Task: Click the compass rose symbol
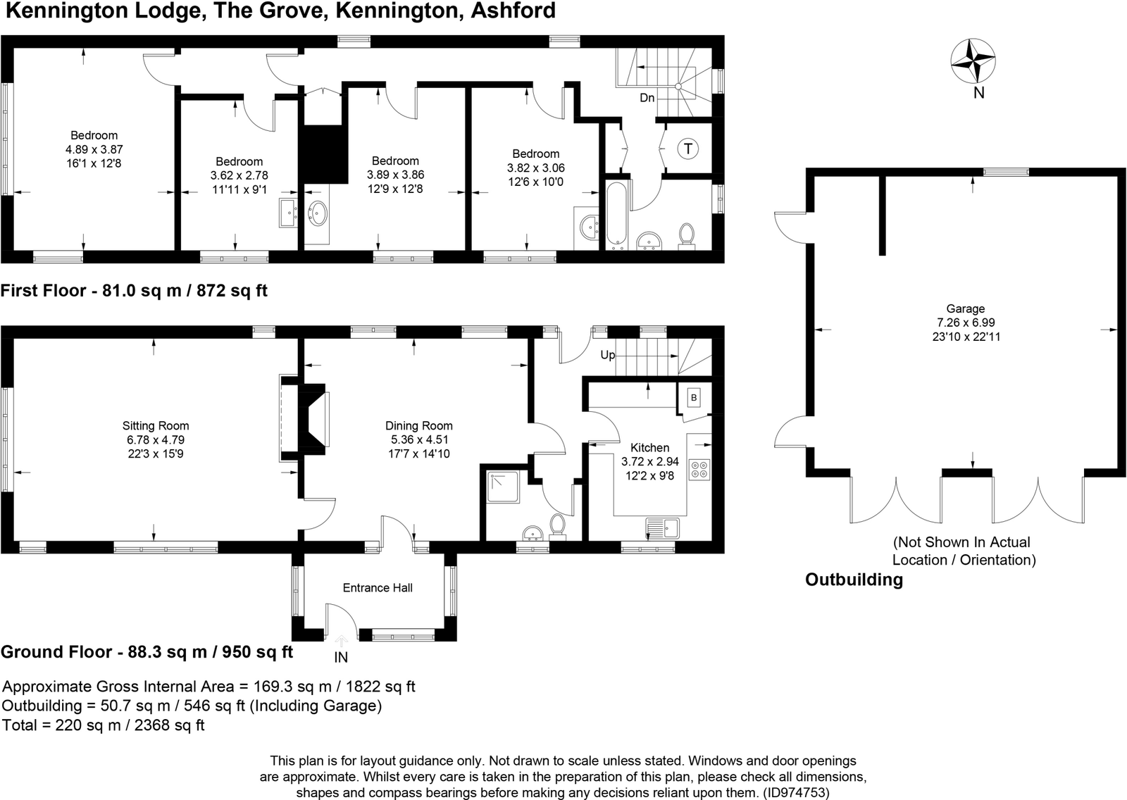point(973,61)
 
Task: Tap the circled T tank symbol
point(687,149)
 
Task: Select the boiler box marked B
point(694,398)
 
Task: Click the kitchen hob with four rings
point(699,469)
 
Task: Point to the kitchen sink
point(663,527)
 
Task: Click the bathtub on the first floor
point(616,216)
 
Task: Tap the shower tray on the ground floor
point(503,487)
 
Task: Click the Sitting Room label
point(156,425)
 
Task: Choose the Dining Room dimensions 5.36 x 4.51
point(419,439)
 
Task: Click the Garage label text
point(966,308)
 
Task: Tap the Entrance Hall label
point(378,587)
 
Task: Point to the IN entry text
point(341,657)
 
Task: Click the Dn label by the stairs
point(647,98)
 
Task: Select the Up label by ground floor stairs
point(608,355)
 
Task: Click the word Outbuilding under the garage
point(854,580)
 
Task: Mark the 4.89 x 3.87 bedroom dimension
point(94,149)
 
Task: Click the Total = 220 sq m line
point(104,725)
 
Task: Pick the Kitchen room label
point(650,448)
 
